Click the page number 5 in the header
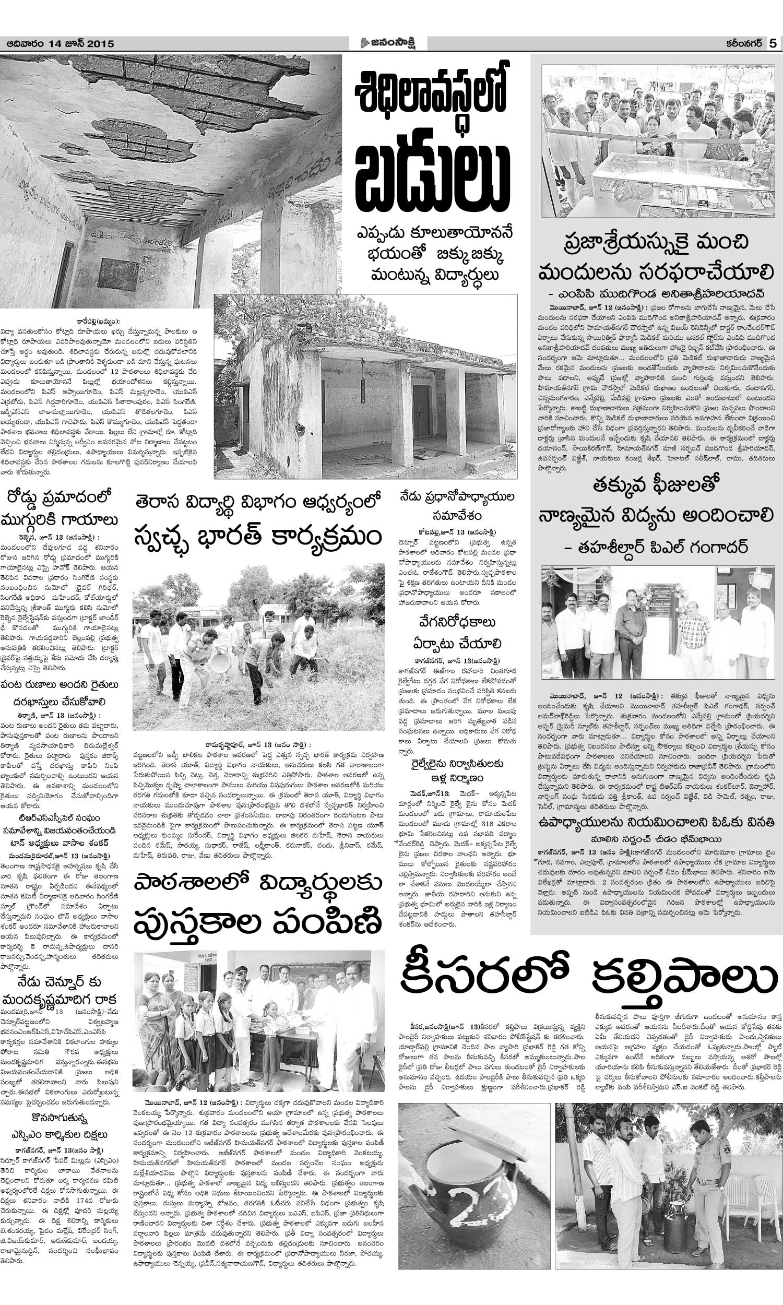pyautogui.click(x=773, y=43)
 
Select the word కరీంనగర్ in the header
pyautogui.click(x=741, y=44)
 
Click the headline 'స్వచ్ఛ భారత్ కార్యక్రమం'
pyautogui.click(x=258, y=538)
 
